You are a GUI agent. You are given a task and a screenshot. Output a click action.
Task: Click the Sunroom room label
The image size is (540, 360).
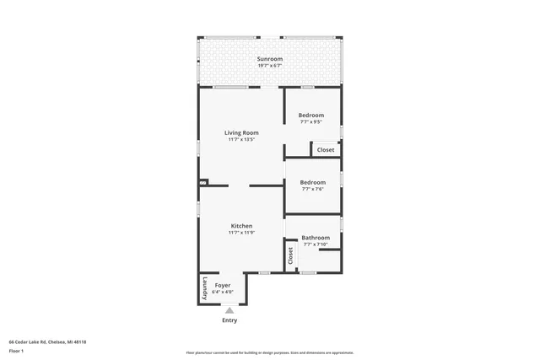point(269,58)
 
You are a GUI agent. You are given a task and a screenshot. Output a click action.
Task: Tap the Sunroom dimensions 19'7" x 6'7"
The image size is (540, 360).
point(269,65)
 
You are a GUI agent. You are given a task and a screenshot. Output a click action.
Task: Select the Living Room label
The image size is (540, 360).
point(241,132)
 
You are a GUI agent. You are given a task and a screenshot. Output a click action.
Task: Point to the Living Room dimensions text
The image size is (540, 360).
point(241,139)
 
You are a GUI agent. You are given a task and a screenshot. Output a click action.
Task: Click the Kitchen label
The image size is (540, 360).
point(241,226)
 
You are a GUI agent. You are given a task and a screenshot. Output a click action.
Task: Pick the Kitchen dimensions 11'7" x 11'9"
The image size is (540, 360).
point(241,233)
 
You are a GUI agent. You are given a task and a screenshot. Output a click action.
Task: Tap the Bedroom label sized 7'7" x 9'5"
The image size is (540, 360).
point(311,116)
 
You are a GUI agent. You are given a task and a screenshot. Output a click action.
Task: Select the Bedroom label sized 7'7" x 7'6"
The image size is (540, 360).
point(312,182)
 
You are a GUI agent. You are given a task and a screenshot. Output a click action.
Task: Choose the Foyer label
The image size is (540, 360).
point(223,286)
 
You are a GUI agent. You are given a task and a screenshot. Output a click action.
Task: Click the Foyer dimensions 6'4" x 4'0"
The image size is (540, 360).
point(223,293)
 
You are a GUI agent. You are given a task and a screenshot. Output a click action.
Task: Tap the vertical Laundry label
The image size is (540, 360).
point(204,289)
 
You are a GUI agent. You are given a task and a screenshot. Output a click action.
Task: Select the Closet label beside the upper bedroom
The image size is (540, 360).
point(325,150)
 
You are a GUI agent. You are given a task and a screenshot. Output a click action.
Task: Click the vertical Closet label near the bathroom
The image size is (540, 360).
point(290,255)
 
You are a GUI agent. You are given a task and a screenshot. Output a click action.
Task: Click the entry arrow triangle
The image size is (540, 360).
point(229,311)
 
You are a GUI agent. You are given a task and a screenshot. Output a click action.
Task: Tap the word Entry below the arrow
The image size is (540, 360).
point(229,320)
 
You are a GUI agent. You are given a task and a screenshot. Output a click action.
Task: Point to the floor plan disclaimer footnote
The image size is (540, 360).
point(269,352)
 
